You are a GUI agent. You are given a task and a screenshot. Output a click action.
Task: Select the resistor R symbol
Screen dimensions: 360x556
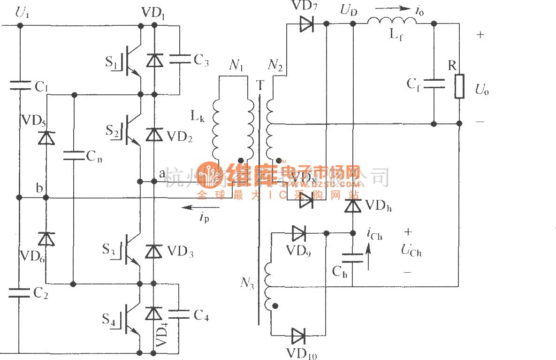tap(459, 86)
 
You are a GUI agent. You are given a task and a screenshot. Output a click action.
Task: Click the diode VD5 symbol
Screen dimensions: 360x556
tap(46, 138)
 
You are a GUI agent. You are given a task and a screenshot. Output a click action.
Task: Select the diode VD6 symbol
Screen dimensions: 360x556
tap(46, 239)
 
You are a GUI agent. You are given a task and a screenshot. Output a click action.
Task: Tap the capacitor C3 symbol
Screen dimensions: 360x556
tap(179, 59)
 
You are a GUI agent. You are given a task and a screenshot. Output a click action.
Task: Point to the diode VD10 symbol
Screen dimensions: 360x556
tap(298, 335)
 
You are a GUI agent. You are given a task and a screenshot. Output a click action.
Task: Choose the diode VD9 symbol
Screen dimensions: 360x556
tap(298, 232)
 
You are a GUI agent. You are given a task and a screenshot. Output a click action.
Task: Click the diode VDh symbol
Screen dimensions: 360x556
tap(352, 206)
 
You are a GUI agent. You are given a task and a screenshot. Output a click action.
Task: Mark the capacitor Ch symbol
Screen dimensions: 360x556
tap(352, 258)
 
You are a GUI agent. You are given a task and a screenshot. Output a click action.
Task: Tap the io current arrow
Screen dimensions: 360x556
tap(389, 8)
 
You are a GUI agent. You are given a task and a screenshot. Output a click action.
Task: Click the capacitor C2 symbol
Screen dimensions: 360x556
tap(19, 293)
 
